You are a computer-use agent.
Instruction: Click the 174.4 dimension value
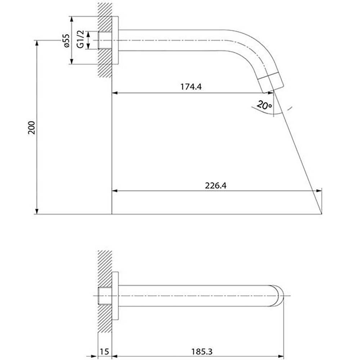pyautogui.click(x=191, y=87)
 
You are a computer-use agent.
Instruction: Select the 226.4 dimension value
pyautogui.click(x=216, y=185)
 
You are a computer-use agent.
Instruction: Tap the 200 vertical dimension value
pyautogui.click(x=31, y=128)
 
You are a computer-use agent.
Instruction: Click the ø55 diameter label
pyautogui.click(x=66, y=41)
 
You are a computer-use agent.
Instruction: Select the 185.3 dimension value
pyautogui.click(x=202, y=351)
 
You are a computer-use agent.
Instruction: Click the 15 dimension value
pyautogui.click(x=104, y=351)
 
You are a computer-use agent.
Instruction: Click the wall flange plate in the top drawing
pyautogui.click(x=115, y=40)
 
